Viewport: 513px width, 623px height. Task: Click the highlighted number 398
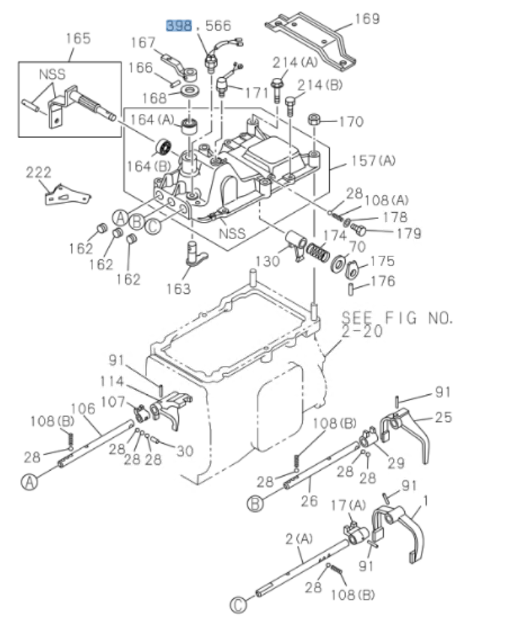coord(178,26)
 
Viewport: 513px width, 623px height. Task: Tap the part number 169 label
coord(367,18)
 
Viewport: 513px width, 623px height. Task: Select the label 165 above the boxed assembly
coord(77,38)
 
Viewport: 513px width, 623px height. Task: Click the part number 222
coord(39,172)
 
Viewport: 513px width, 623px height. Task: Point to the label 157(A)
coord(373,160)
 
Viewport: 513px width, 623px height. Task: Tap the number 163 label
coord(178,288)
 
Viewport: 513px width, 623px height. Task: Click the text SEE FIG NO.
coord(397,318)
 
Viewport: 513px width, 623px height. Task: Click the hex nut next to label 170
coord(316,120)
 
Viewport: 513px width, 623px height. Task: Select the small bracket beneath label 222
coord(65,196)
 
